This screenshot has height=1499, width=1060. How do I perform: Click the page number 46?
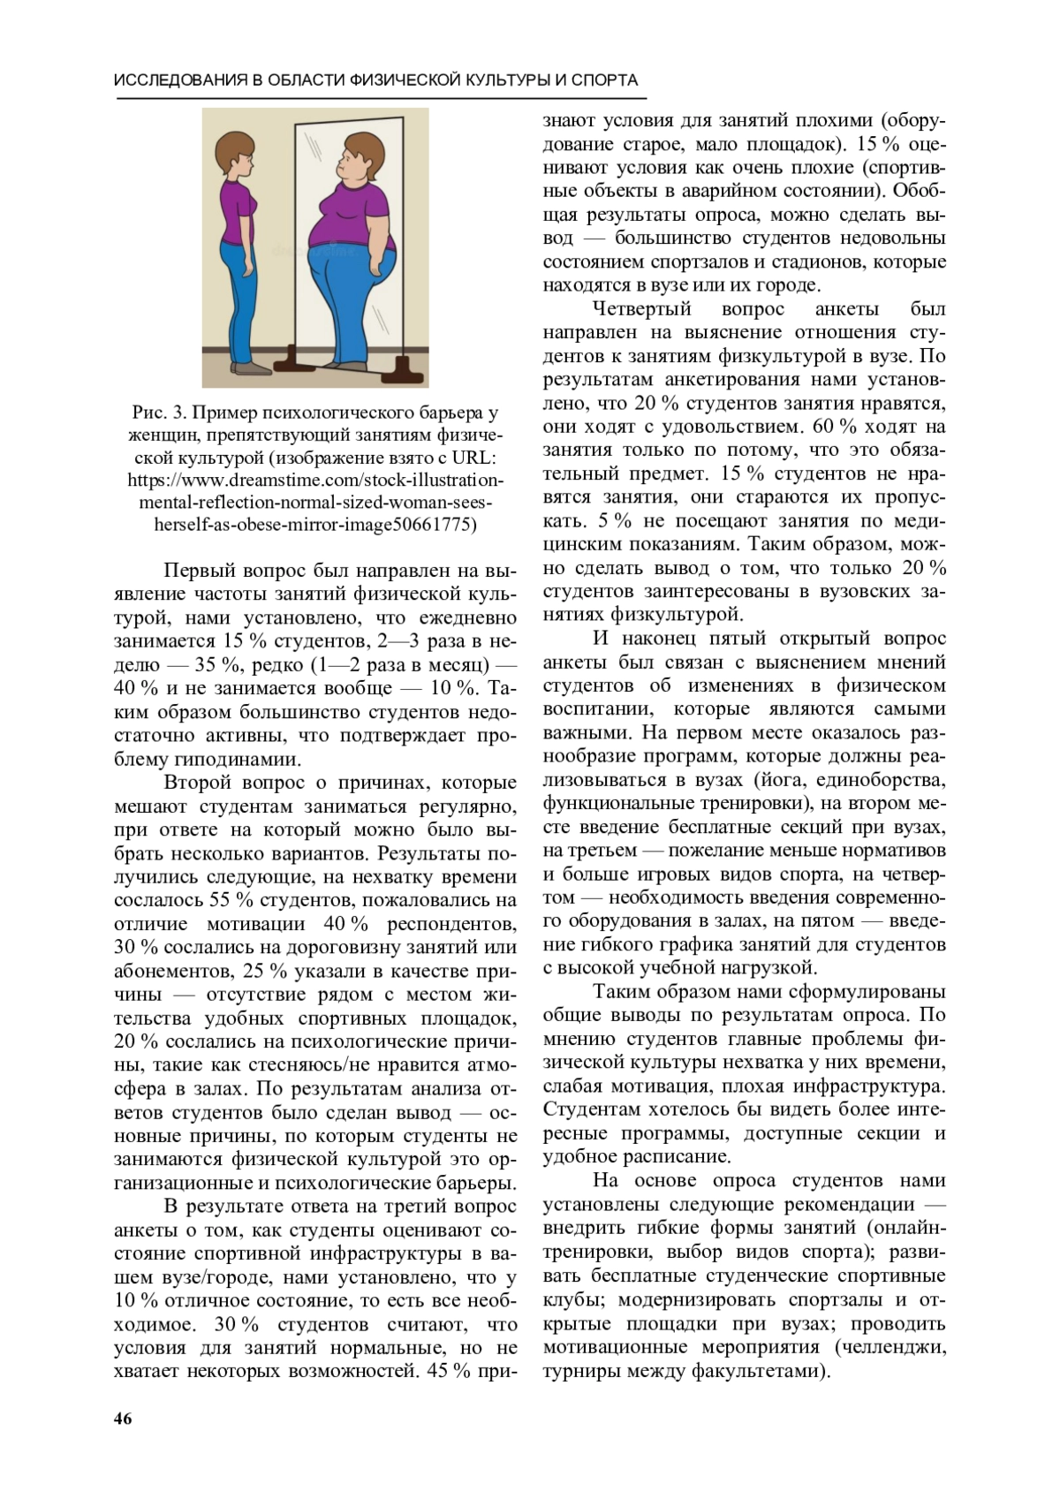pos(123,1419)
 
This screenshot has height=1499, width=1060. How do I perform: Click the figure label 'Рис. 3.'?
pos(160,413)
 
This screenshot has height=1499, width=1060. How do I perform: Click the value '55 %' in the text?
pos(231,900)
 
